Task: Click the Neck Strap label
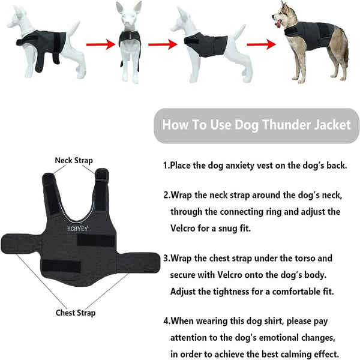coord(74,160)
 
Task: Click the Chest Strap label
coord(75,313)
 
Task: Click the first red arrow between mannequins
coord(99,44)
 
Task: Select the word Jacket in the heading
coord(328,126)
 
